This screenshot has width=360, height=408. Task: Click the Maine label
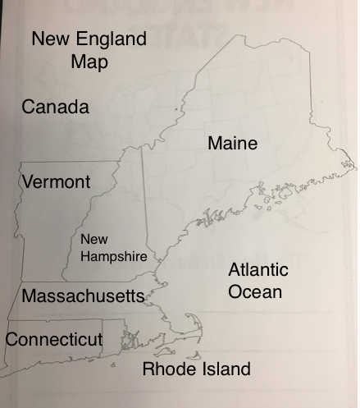[x=232, y=144]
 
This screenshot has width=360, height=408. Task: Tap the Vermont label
[x=56, y=181]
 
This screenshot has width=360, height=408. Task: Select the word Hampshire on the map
[x=113, y=256]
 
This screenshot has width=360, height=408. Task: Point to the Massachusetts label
[x=83, y=296]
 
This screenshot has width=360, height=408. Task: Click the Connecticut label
[x=54, y=339]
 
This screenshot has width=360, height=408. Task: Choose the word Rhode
[x=168, y=369]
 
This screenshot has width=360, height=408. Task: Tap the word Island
[x=223, y=369]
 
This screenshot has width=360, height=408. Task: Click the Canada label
[x=55, y=107]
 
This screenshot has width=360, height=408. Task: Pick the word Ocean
[x=255, y=291]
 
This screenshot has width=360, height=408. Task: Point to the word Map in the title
[x=89, y=62]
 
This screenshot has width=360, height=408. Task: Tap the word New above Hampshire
[x=93, y=239]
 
